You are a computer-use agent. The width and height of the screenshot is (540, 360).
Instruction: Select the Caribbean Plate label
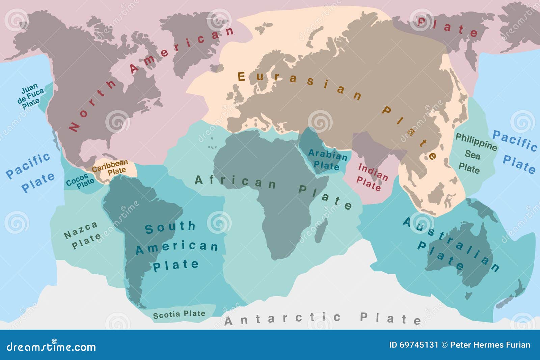110,167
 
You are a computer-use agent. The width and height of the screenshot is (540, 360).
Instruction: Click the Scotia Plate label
179,314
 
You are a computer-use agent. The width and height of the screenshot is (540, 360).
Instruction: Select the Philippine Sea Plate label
474,154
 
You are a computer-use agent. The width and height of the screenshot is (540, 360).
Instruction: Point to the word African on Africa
236,182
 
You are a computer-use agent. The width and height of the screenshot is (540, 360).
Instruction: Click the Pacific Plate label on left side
30,172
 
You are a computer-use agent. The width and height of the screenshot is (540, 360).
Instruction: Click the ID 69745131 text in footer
413,345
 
